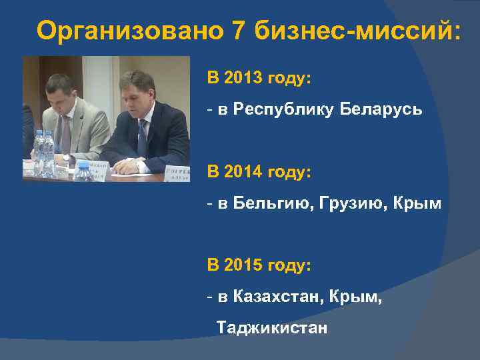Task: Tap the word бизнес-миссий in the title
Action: (x=357, y=31)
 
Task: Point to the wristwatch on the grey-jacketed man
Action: (x=67, y=158)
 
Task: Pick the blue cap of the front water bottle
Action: (x=83, y=165)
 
